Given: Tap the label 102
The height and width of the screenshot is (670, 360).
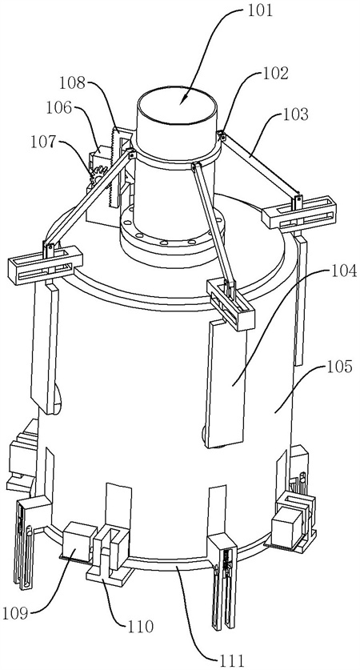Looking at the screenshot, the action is tap(274, 74).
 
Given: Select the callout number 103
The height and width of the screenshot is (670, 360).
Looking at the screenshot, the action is tap(294, 114).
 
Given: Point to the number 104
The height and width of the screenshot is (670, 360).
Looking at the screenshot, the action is tap(342, 271).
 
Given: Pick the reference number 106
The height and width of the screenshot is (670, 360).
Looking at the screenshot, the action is tap(58, 108).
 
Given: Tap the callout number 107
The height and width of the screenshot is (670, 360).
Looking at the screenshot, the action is tap(44, 142).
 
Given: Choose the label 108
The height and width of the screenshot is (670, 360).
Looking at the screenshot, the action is tap(72, 82).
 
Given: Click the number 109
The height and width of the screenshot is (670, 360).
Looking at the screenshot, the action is tap(16, 614).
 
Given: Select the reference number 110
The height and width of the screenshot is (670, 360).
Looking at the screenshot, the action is tap(139, 627).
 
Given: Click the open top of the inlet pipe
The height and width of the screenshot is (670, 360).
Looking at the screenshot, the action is tap(177, 106).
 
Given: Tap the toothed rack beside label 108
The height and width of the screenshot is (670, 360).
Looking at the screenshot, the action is tap(114, 167).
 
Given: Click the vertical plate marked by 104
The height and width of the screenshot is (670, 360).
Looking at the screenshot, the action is tap(227, 384).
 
